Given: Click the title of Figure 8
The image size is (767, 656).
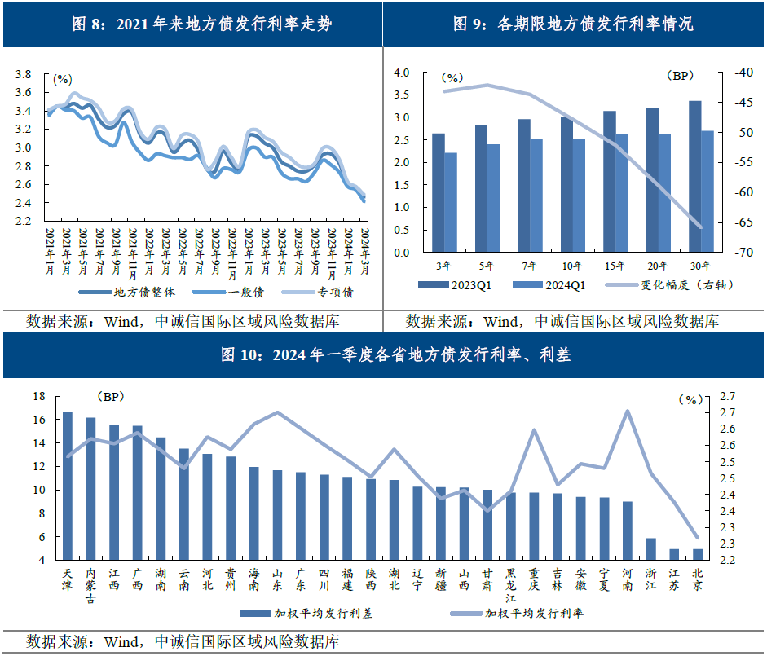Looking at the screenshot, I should pyautogui.click(x=191, y=24).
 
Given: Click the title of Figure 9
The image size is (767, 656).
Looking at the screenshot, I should pyautogui.click(x=573, y=24).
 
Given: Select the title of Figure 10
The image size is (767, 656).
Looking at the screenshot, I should pyautogui.click(x=383, y=355).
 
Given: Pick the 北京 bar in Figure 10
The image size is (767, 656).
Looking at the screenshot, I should pyautogui.click(x=697, y=554).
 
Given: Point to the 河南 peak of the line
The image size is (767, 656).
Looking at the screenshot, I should pyautogui.click(x=628, y=411).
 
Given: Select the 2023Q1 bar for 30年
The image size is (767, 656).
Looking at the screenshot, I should pyautogui.click(x=694, y=176).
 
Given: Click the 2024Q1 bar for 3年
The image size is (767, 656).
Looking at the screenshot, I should pyautogui.click(x=451, y=202).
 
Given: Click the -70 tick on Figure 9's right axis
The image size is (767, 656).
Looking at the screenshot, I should pyautogui.click(x=742, y=253).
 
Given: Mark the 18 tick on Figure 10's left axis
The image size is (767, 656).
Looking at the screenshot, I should pyautogui.click(x=38, y=396).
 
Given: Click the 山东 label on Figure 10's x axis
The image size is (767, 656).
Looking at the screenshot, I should pyautogui.click(x=277, y=579).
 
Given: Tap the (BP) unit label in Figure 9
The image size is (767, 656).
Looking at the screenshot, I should pyautogui.click(x=679, y=76).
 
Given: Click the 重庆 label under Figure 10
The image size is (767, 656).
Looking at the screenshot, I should pyautogui.click(x=534, y=579).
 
